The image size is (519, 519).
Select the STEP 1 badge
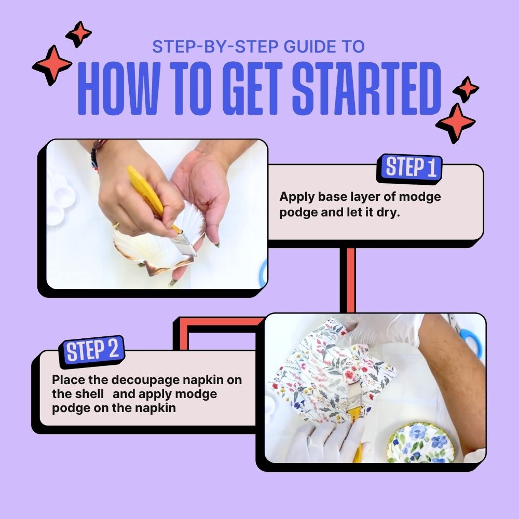(410, 168)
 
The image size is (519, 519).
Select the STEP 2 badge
(92, 350)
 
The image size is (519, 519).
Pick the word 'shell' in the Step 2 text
(92, 394)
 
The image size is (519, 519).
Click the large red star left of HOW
(52, 65)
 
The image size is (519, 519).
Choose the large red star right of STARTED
(455, 123)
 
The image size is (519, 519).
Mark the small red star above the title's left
(79, 34)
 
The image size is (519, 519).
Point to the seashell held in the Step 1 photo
(156, 244)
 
